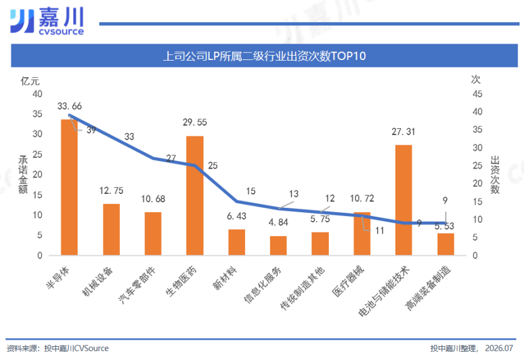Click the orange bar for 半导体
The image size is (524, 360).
[x=69, y=187]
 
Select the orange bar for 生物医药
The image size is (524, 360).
[x=195, y=196]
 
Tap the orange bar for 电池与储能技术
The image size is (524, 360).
[x=403, y=200]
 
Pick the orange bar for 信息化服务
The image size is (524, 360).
[x=278, y=246]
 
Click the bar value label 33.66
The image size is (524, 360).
[x=69, y=106]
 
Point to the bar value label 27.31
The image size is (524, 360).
[x=403, y=132]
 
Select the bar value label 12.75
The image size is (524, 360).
[x=111, y=191]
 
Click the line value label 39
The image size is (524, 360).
[x=92, y=130]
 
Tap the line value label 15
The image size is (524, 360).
[x=251, y=191]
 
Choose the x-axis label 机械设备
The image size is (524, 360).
[x=98, y=282]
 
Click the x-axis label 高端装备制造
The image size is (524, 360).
[x=428, y=288]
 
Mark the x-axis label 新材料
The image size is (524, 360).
[x=225, y=279]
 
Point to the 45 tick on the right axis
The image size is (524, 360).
[x=477, y=94]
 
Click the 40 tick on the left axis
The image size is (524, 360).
[x=37, y=94]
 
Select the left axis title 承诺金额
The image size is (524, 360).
[x=23, y=174]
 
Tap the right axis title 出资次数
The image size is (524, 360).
[x=495, y=174]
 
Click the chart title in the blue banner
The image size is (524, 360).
[x=265, y=56]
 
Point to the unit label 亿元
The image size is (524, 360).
[x=30, y=81]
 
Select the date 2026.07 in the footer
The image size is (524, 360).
[x=499, y=348]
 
